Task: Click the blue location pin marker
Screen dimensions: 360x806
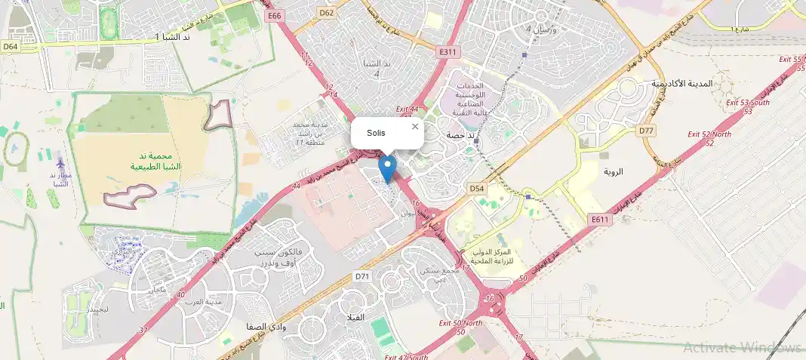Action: coord(388,168)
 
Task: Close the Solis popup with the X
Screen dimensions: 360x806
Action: coord(414,127)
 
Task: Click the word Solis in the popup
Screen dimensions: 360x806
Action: coord(376,133)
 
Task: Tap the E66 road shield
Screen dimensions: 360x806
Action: coord(274,16)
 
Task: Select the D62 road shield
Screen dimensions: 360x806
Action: coord(327,13)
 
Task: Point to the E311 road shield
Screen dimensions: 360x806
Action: coord(448,51)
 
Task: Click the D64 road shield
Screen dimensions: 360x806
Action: coord(10,46)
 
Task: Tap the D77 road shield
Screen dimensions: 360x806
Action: coord(646,131)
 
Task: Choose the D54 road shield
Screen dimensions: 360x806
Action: coord(476,188)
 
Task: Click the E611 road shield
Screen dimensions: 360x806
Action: coord(600,219)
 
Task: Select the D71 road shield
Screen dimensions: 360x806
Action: coord(363,277)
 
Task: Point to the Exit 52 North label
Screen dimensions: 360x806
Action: coord(709,134)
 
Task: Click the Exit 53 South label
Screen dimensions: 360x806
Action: coord(748,103)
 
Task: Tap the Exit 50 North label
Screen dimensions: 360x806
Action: coord(460,323)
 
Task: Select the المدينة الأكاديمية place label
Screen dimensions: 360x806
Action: coord(681,83)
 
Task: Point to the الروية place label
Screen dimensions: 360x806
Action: coord(614,171)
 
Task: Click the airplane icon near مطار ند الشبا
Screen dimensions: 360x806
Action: coord(60,164)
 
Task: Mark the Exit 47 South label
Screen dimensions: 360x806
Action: coord(406,356)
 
